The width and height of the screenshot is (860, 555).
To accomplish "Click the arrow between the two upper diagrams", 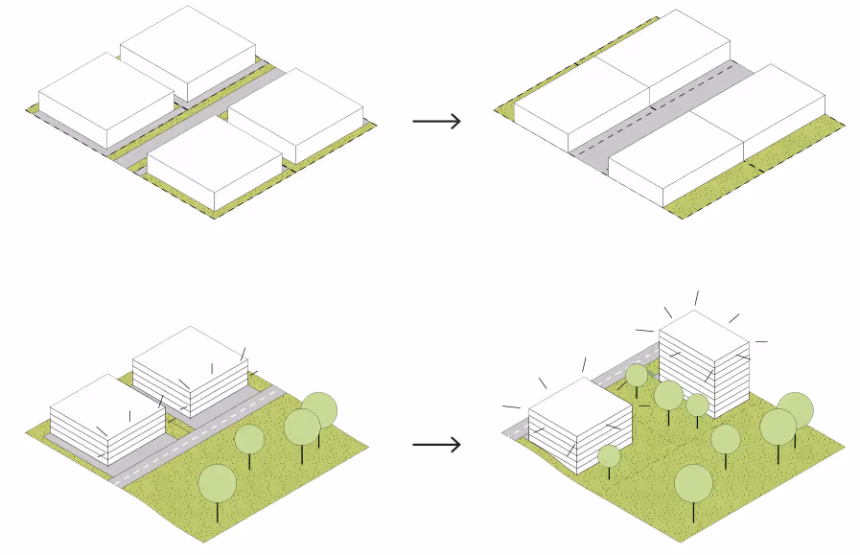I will tap(436, 121).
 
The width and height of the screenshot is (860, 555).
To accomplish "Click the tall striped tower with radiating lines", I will tap(705, 364).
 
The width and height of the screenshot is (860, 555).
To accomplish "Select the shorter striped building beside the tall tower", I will tap(578, 422).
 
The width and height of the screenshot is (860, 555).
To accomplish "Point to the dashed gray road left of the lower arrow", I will tap(192, 436).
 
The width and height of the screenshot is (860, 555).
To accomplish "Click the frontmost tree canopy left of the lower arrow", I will tap(218, 482).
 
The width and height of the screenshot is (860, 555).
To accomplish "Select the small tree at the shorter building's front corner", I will tap(609, 455).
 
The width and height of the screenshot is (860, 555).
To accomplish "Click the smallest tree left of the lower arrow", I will tap(249, 439).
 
